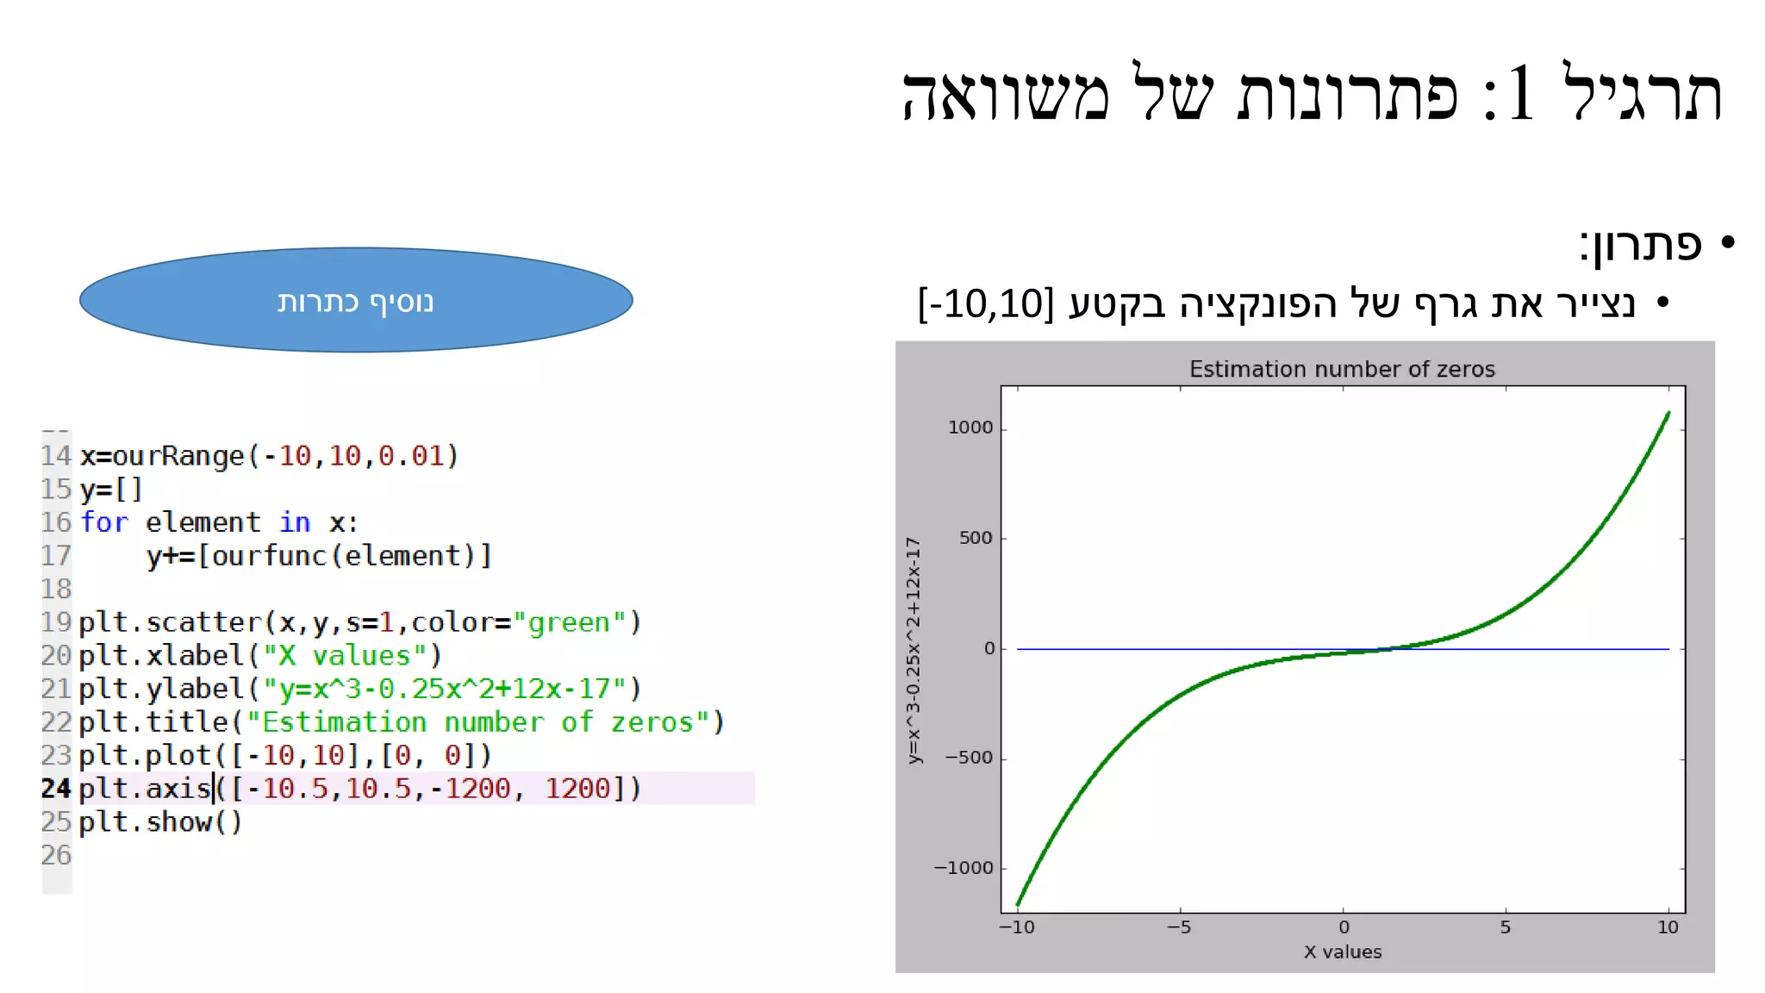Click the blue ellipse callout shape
coord(356,300)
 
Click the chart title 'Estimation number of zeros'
coord(1342,369)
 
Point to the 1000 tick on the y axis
coord(970,428)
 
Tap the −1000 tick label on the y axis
coord(964,868)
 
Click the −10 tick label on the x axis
coord(1017,927)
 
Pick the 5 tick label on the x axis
coord(1505,927)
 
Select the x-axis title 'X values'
coord(1342,952)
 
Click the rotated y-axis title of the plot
coord(914,650)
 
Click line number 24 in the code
coord(56,789)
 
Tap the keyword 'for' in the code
coord(104,522)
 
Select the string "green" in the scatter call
coord(570,622)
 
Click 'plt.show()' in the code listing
coord(160,822)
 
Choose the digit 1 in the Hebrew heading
coord(1520,93)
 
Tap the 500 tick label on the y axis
coord(976,538)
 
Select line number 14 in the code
coord(56,456)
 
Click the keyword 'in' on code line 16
coord(295,522)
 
